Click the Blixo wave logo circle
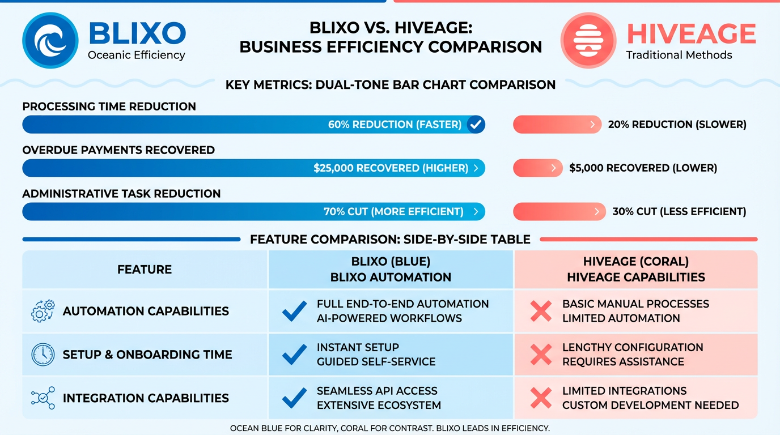coord(50,40)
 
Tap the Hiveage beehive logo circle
coord(588,40)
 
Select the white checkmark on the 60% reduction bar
coord(476,124)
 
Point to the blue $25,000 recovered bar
coord(253,168)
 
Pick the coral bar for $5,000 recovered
coord(537,168)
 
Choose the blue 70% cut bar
coord(253,211)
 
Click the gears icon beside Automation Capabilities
coord(43,311)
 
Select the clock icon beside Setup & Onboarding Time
coord(43,355)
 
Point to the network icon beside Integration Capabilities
coord(43,398)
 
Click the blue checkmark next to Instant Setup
coord(294,355)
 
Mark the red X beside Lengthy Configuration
coord(541,355)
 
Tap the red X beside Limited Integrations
coord(541,398)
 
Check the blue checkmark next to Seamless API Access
coord(294,398)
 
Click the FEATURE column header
coord(145,270)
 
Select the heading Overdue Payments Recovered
coord(118,150)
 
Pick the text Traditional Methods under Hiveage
coord(679,55)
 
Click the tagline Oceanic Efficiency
coord(137,55)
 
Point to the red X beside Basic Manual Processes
coord(541,311)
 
